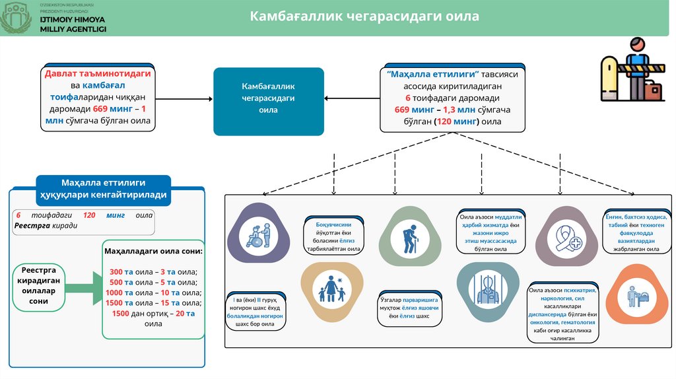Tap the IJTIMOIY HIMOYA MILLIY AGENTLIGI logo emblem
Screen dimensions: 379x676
[15, 17]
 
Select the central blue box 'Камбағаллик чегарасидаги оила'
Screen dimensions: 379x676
[268, 101]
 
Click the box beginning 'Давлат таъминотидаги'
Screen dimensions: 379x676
[98, 97]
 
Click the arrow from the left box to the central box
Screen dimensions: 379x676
[184, 99]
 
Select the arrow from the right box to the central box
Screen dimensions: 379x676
[352, 99]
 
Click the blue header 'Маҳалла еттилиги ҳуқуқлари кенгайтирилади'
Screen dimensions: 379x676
[104, 189]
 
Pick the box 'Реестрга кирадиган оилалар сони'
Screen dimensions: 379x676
[40, 286]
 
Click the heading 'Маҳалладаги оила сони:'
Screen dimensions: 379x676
[153, 252]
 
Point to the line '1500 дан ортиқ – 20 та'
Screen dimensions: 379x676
[153, 314]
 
